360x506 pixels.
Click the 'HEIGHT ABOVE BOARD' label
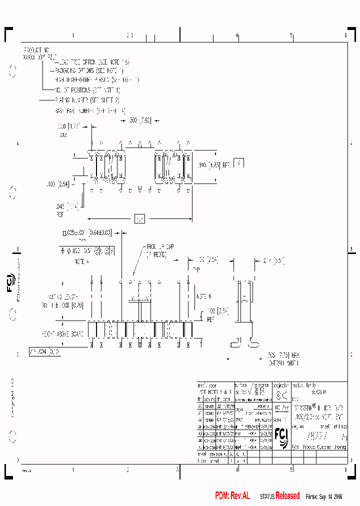(63, 332)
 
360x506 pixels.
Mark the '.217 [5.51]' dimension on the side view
(272, 260)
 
